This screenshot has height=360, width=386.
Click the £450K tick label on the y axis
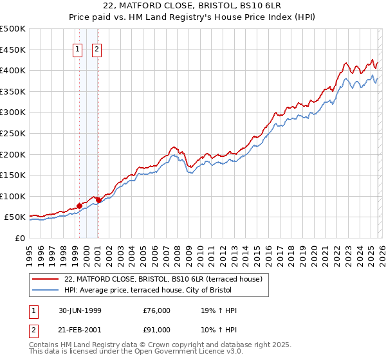click(x=13, y=50)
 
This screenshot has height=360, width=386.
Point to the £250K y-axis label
click(x=13, y=133)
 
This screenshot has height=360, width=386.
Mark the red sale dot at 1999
click(x=80, y=206)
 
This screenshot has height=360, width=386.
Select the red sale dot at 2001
click(x=98, y=200)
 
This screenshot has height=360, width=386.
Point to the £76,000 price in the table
click(x=157, y=310)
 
